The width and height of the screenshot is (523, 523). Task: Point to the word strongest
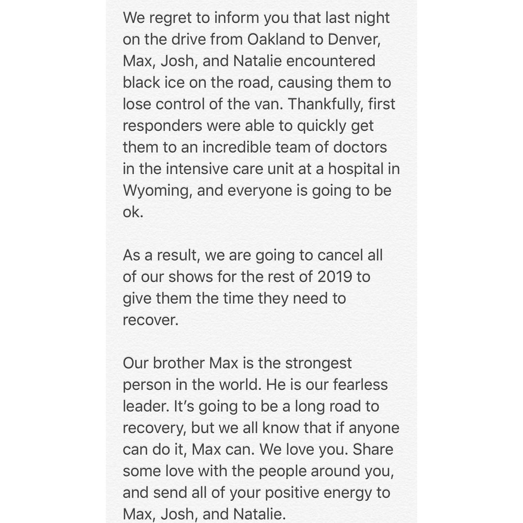pyautogui.click(x=318, y=364)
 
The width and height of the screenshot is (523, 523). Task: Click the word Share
pyautogui.click(x=373, y=449)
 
